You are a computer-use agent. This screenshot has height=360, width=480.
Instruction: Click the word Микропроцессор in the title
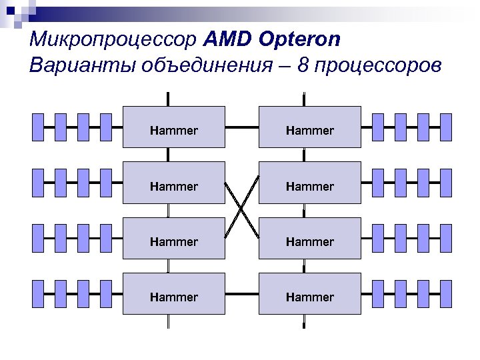[x=113, y=40]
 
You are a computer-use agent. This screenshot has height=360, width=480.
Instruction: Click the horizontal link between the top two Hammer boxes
[x=242, y=127]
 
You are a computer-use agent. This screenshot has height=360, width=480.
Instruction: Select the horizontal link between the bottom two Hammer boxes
[x=242, y=293]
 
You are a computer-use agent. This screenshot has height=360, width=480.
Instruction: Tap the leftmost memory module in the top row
[x=38, y=127]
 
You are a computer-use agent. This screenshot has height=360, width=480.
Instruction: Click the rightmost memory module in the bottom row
[x=446, y=293]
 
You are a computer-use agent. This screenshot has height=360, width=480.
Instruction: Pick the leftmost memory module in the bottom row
[x=38, y=293]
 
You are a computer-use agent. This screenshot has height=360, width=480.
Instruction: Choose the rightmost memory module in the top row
[x=446, y=127]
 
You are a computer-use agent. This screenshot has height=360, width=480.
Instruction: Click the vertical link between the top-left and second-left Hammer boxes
[x=168, y=155]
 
